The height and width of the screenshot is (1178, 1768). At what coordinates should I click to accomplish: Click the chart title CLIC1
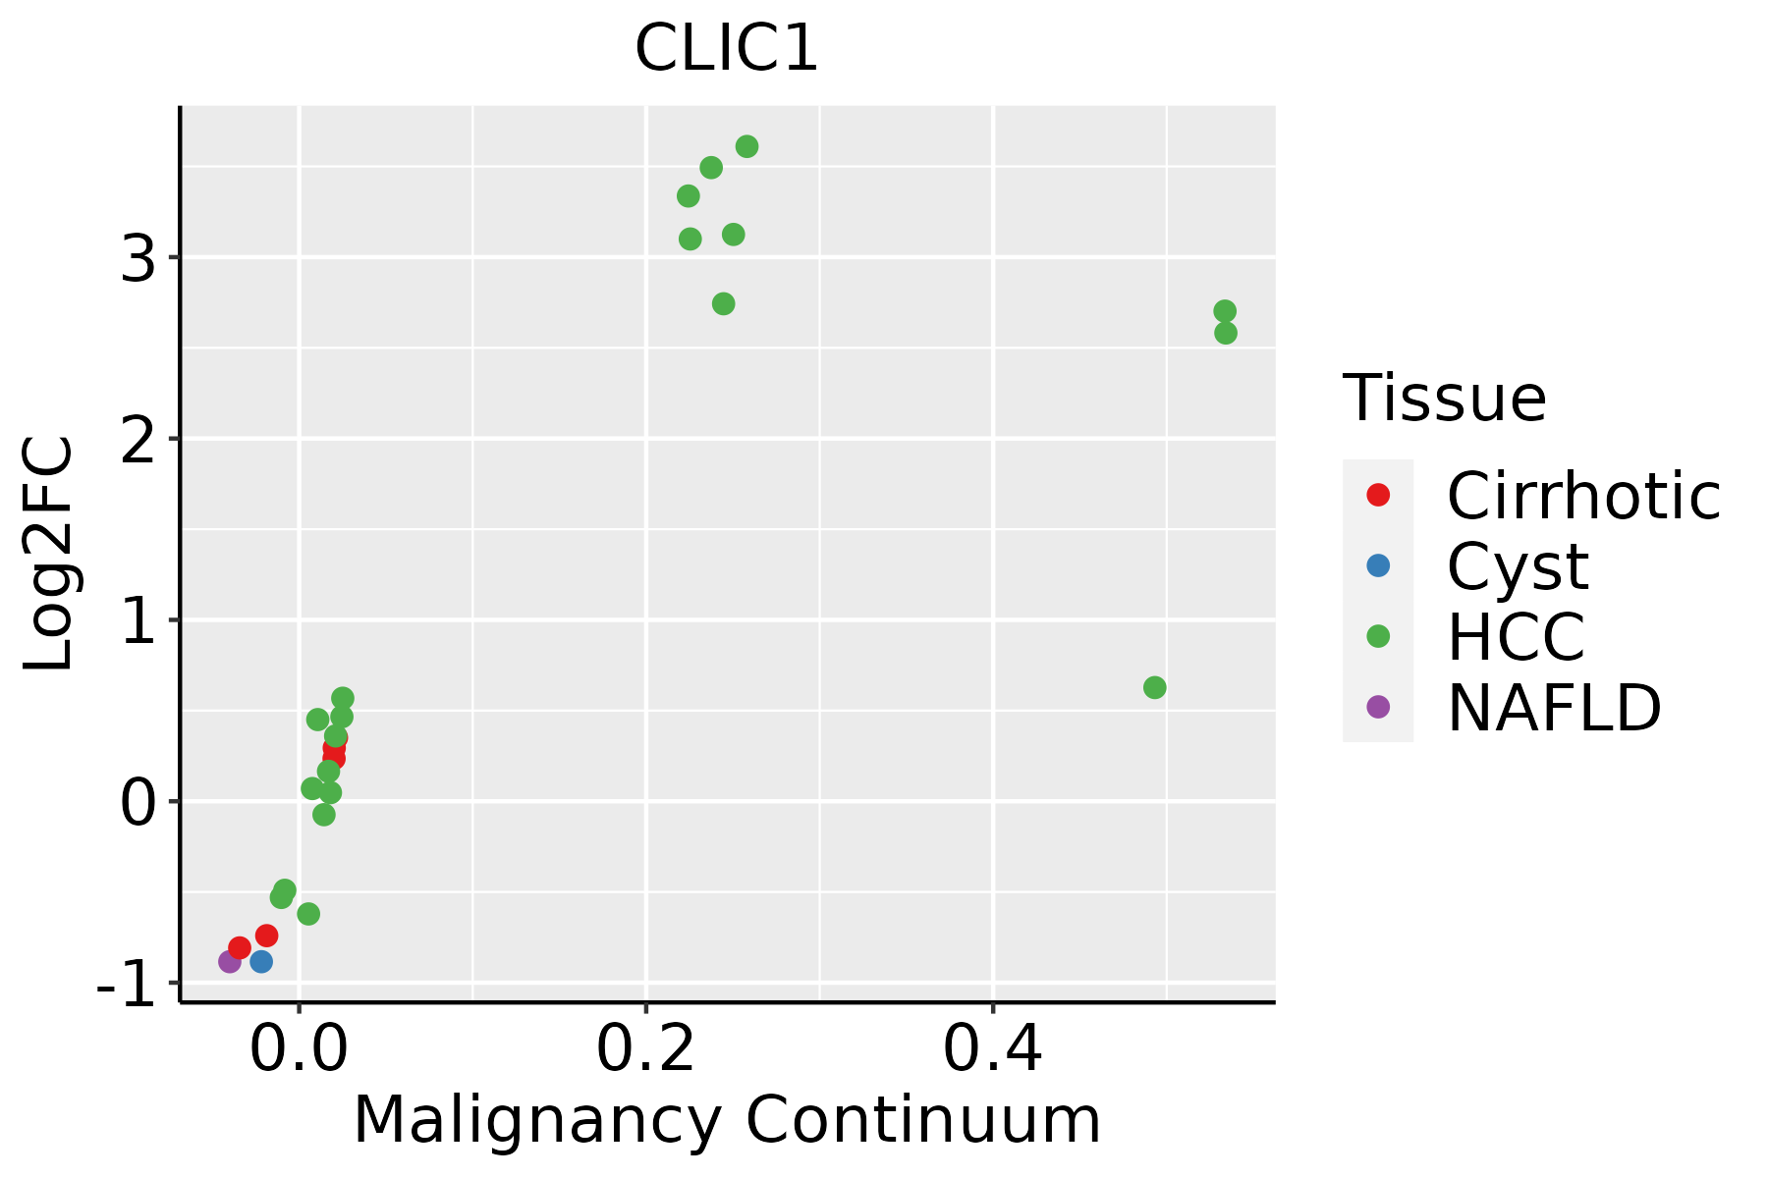[726, 49]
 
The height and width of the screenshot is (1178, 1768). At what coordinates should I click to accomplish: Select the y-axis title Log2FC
[49, 554]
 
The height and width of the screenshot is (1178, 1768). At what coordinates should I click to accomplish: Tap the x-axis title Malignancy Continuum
[726, 1120]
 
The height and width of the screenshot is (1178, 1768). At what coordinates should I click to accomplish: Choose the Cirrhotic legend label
[1583, 496]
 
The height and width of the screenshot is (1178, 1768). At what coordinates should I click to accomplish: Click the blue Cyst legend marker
[1378, 565]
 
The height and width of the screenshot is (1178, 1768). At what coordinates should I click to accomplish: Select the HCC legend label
[1516, 636]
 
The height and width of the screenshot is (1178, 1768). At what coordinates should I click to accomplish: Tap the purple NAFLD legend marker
[1378, 707]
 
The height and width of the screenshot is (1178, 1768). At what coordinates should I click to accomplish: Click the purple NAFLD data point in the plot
[230, 962]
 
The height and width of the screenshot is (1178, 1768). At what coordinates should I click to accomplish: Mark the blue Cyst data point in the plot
[261, 961]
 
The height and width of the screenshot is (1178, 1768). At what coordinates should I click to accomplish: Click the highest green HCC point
[746, 147]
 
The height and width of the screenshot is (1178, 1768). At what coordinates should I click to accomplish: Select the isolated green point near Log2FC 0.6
[1155, 688]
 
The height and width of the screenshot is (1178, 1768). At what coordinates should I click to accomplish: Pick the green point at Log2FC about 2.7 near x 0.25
[723, 304]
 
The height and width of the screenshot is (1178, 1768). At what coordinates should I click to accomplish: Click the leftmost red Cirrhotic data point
[240, 947]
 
